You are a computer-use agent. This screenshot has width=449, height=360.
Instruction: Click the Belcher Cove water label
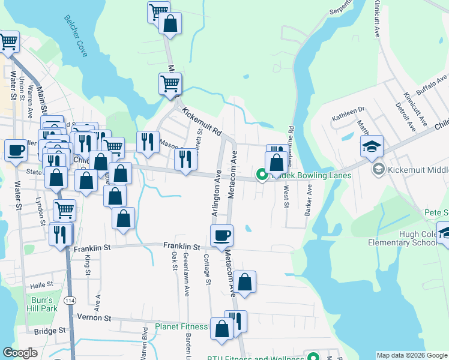coord(76,36)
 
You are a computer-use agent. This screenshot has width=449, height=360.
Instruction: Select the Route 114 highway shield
coord(70,300)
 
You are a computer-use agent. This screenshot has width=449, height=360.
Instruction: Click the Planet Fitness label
coord(181,327)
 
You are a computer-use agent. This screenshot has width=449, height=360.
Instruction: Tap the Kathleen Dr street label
coord(353,109)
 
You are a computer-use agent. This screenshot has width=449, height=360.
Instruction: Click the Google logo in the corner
coord(20,353)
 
